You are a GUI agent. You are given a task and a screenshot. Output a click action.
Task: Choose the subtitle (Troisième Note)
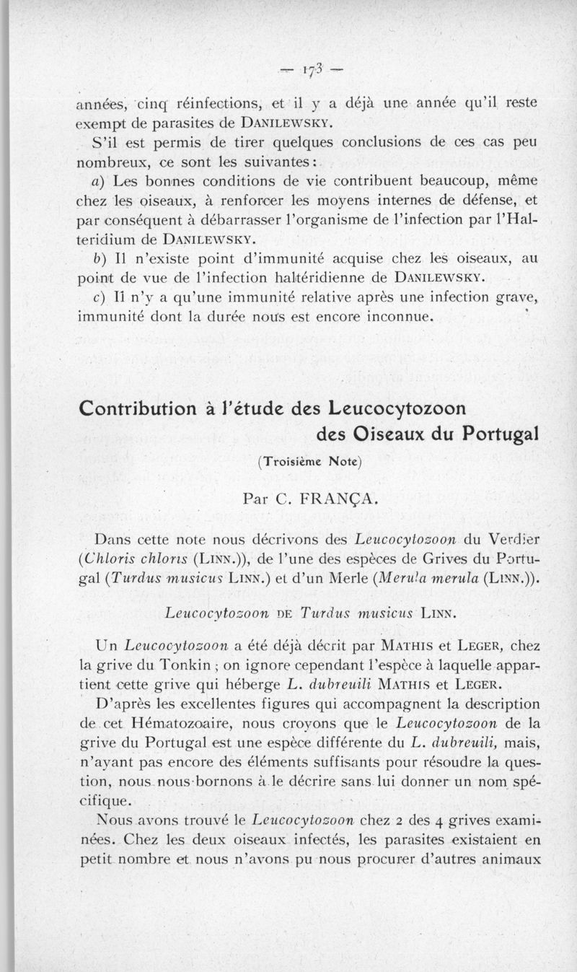310,462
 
